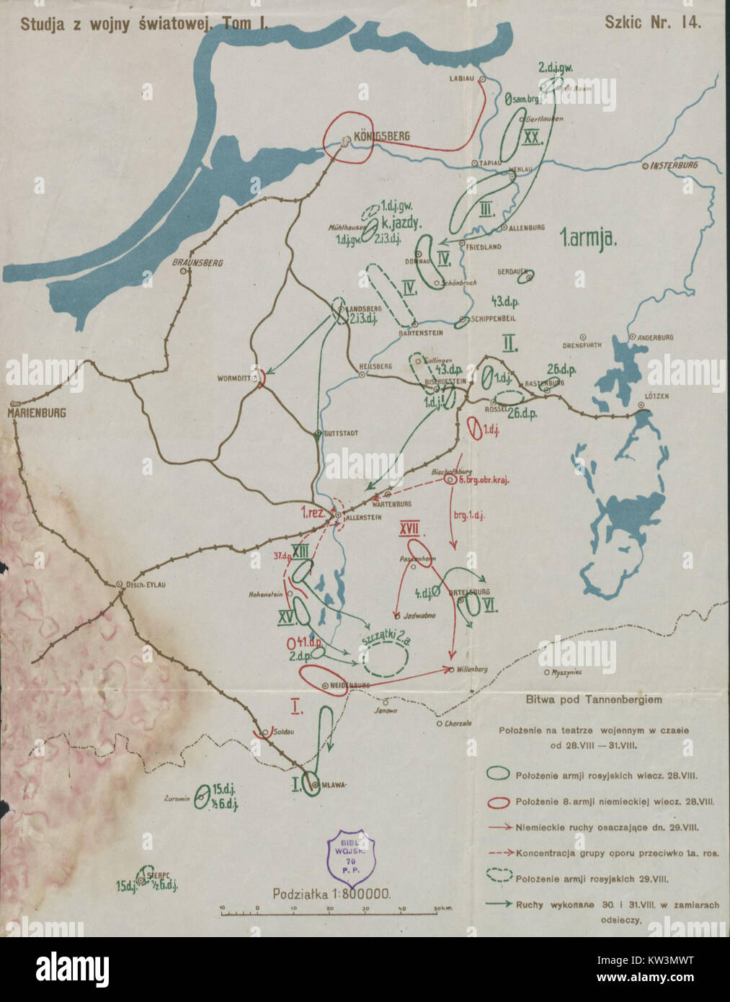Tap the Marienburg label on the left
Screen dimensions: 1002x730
click(37, 413)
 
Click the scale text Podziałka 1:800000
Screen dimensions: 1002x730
click(331, 893)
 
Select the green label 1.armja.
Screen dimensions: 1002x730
click(587, 239)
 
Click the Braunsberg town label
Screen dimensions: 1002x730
click(197, 263)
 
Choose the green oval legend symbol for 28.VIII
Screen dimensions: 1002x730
click(497, 773)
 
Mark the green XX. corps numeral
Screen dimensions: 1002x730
click(532, 138)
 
